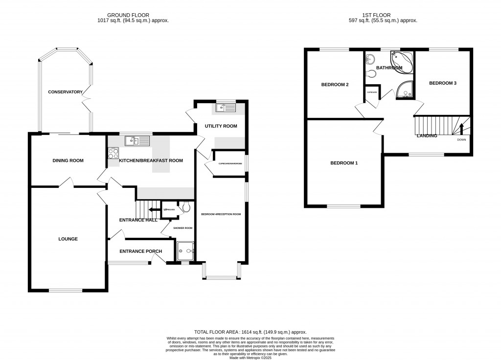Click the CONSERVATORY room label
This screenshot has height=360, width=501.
pos(65,92)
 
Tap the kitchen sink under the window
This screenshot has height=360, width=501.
pos(137,141)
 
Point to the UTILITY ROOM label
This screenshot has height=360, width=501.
pos(221,126)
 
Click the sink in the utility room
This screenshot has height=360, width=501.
pos(225,107)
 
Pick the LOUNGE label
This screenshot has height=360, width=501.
pos(68,239)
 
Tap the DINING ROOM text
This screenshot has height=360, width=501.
pos(68,160)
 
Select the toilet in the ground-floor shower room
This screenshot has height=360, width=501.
pos(184,208)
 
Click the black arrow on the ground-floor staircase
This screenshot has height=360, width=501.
pos(154,210)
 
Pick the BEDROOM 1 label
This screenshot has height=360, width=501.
pos(343,163)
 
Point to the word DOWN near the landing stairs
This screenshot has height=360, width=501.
pos(461,140)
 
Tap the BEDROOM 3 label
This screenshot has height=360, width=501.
pos(442,83)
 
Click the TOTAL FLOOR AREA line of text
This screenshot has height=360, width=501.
pos(250,332)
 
